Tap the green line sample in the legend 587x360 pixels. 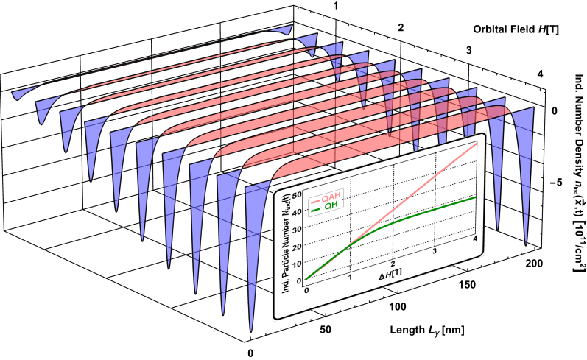point(314,210)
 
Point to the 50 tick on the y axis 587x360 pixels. point(298,194)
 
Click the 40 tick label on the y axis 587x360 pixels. point(298,212)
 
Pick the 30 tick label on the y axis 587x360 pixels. point(298,229)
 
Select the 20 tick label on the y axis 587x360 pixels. point(298,246)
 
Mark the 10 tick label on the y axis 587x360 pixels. point(298,263)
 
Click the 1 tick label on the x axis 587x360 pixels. point(350,277)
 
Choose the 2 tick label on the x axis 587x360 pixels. point(393,264)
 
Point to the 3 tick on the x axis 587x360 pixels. point(435,252)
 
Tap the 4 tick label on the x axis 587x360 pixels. point(475,239)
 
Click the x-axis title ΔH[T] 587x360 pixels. point(390,276)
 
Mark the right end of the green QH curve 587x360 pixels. point(477,197)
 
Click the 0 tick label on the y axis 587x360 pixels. point(299,280)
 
